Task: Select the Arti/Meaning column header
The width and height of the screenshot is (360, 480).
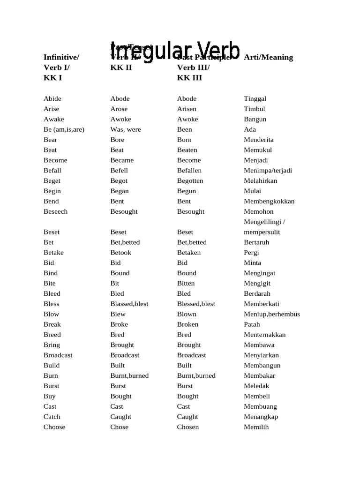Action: click(268, 57)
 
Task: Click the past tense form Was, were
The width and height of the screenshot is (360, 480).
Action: click(126, 129)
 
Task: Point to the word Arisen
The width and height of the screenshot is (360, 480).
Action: click(187, 109)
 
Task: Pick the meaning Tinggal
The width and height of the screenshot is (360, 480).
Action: click(255, 98)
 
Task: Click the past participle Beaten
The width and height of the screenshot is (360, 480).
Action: click(187, 150)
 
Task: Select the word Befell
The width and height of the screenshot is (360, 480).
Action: click(119, 171)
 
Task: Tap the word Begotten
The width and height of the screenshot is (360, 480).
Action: click(190, 181)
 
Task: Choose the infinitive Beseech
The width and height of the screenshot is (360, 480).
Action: click(55, 211)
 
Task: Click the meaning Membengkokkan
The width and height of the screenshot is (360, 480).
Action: click(269, 201)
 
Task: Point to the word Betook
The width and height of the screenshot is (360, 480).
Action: click(121, 253)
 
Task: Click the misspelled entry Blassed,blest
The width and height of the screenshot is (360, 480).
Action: click(129, 304)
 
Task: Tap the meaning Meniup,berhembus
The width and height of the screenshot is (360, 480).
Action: click(272, 314)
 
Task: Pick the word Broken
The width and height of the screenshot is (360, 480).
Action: click(187, 324)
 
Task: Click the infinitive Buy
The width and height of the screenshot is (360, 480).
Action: click(49, 396)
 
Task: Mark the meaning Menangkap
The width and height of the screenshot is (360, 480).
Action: click(261, 417)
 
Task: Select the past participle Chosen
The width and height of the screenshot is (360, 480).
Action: click(188, 427)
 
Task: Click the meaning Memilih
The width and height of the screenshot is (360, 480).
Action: click(256, 427)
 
